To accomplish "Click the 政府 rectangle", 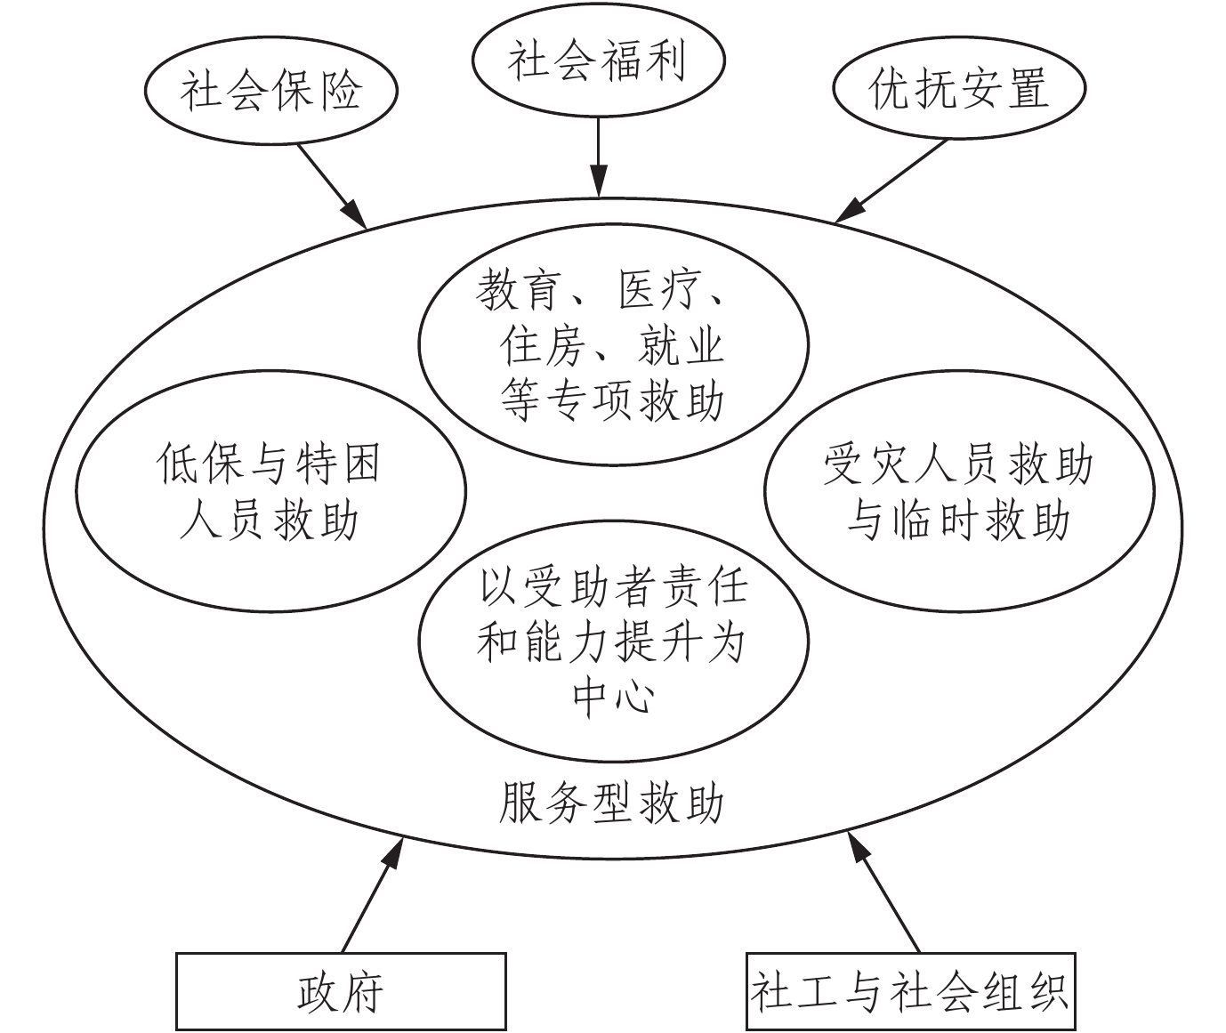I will click(x=341, y=991).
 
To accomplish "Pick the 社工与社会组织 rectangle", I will click(x=909, y=991).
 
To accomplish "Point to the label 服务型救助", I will click(x=611, y=803).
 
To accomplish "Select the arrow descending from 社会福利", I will click(x=598, y=156).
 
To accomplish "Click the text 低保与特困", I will click(x=269, y=464).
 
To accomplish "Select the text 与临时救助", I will click(x=958, y=520).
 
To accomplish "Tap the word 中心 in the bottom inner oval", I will click(x=612, y=695).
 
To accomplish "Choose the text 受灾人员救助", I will click(x=958, y=465).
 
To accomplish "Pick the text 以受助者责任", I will click(x=613, y=588).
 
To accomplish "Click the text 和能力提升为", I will click(x=611, y=642).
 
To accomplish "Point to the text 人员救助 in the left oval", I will click(x=269, y=520).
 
